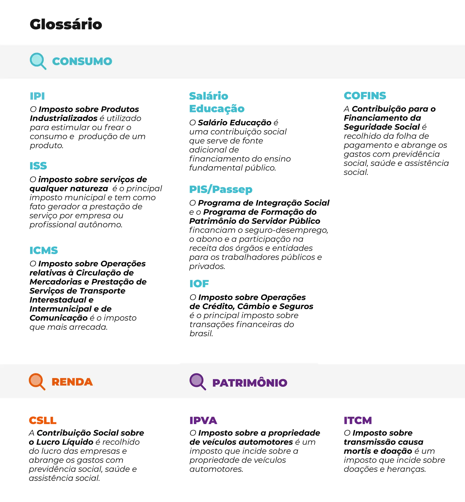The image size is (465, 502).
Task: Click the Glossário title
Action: (x=66, y=24)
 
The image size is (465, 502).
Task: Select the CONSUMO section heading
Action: (x=82, y=61)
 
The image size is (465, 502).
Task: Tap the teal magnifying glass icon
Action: (x=38, y=61)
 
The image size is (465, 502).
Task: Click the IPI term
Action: (x=37, y=96)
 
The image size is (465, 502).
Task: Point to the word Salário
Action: (x=209, y=96)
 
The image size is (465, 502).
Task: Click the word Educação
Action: (x=217, y=109)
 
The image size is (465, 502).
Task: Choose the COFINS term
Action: (x=365, y=96)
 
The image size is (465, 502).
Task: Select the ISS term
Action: (x=38, y=166)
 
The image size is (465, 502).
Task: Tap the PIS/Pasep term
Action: (x=221, y=190)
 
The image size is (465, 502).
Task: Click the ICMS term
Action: (x=44, y=250)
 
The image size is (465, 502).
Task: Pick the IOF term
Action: (x=199, y=283)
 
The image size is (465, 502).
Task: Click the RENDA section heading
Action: (x=72, y=382)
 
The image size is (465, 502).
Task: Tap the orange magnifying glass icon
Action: (x=37, y=382)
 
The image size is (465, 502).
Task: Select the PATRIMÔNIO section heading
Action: (x=250, y=383)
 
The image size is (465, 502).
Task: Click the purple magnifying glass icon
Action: (x=197, y=382)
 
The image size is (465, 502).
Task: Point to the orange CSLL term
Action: (x=43, y=420)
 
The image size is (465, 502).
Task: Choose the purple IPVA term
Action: (x=203, y=420)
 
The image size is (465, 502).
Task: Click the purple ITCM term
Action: (x=358, y=420)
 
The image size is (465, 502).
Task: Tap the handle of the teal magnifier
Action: (x=43, y=67)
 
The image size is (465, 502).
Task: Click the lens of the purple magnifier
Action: (x=196, y=380)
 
